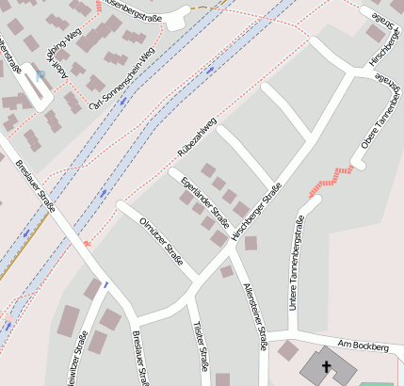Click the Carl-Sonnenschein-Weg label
pos(121,94)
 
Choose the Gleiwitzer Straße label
pos(73,365)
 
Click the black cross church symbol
pos(327,366)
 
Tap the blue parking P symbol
pos(40,74)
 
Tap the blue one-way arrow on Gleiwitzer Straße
pos(105,283)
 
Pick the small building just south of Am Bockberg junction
pos(288,351)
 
